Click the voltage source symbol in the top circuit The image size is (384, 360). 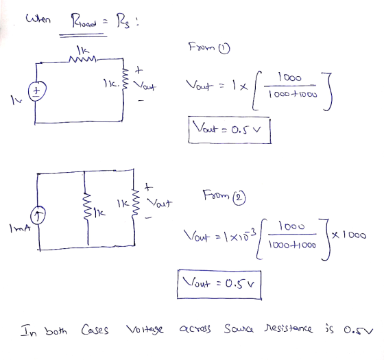click(37, 91)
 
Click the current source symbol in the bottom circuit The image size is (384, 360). click(38, 215)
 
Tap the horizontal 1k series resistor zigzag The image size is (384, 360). click(83, 59)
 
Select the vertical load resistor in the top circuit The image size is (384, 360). click(125, 79)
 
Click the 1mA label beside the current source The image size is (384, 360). click(21, 228)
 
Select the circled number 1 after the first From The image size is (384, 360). click(224, 49)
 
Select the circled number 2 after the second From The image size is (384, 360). click(239, 197)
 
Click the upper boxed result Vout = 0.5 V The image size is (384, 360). click(230, 130)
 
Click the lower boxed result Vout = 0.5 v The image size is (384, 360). click(219, 285)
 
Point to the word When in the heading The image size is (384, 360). click(38, 19)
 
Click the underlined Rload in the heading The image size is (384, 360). click(84, 21)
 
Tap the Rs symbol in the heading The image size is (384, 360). click(123, 21)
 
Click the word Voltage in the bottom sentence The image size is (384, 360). click(145, 329)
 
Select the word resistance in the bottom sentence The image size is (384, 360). click(288, 328)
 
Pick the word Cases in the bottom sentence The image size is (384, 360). click(95, 329)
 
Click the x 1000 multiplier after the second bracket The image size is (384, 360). click(349, 235)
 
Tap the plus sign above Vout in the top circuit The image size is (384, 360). click(139, 70)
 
